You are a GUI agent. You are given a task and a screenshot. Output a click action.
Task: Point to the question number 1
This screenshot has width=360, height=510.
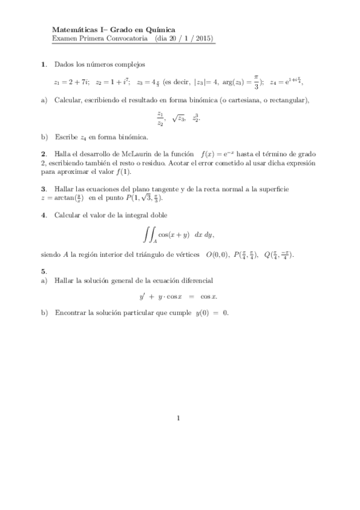click(x=43, y=64)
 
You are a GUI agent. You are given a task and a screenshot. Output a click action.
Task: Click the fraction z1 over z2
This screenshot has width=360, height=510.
click(x=160, y=118)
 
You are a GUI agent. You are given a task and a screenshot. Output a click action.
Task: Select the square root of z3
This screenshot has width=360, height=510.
click(x=178, y=118)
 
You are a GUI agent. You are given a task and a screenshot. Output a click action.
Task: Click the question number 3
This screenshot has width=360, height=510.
click(x=43, y=189)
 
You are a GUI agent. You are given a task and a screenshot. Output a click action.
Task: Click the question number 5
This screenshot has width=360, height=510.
click(x=43, y=271)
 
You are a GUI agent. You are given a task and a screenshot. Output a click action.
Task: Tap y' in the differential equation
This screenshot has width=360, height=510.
click(x=142, y=296)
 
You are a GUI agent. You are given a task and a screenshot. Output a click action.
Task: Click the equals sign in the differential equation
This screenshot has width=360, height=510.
click(x=189, y=296)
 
